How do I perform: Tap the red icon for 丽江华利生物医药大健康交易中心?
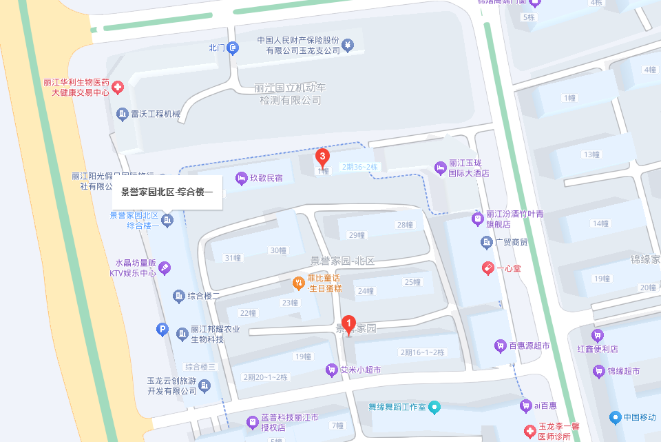(x=118, y=87)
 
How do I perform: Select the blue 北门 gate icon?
(x=234, y=48)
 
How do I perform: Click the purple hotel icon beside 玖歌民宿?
(x=241, y=179)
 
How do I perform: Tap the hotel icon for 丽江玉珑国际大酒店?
(x=440, y=168)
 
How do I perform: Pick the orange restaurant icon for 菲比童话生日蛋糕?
(x=298, y=282)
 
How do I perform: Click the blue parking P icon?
(x=163, y=330)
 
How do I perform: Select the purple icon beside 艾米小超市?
(x=331, y=370)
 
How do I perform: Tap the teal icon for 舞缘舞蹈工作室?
(x=434, y=407)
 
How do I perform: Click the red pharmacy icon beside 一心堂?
(x=487, y=267)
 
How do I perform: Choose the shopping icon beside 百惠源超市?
(x=500, y=345)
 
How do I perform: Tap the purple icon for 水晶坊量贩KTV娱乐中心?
(x=165, y=268)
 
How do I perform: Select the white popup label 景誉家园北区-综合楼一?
(x=167, y=192)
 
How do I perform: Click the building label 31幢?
(x=232, y=258)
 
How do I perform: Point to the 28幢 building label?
(x=404, y=225)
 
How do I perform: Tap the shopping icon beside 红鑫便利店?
(x=598, y=335)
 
